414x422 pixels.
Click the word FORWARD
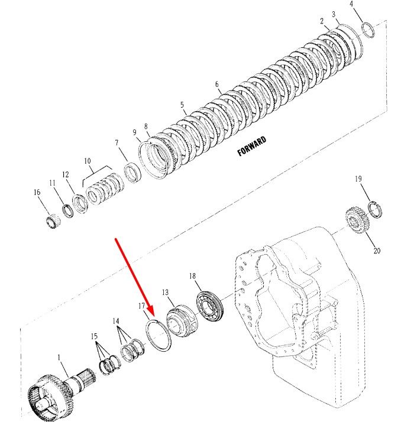point(252,146)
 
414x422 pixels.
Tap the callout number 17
point(142,306)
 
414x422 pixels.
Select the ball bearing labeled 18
point(211,307)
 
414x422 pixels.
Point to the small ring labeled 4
point(368,30)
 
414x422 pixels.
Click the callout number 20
point(377,251)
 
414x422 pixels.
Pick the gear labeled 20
point(357,220)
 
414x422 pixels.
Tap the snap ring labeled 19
point(375,210)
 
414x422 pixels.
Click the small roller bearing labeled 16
point(52,222)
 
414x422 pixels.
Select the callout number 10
point(88,161)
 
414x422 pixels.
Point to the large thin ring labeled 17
point(158,335)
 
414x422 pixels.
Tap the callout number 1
point(59,358)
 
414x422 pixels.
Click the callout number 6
point(217,85)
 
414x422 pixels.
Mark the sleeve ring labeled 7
point(133,173)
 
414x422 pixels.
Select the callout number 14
point(116,321)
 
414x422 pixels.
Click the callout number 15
point(94,336)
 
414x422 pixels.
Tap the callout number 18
point(192,276)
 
